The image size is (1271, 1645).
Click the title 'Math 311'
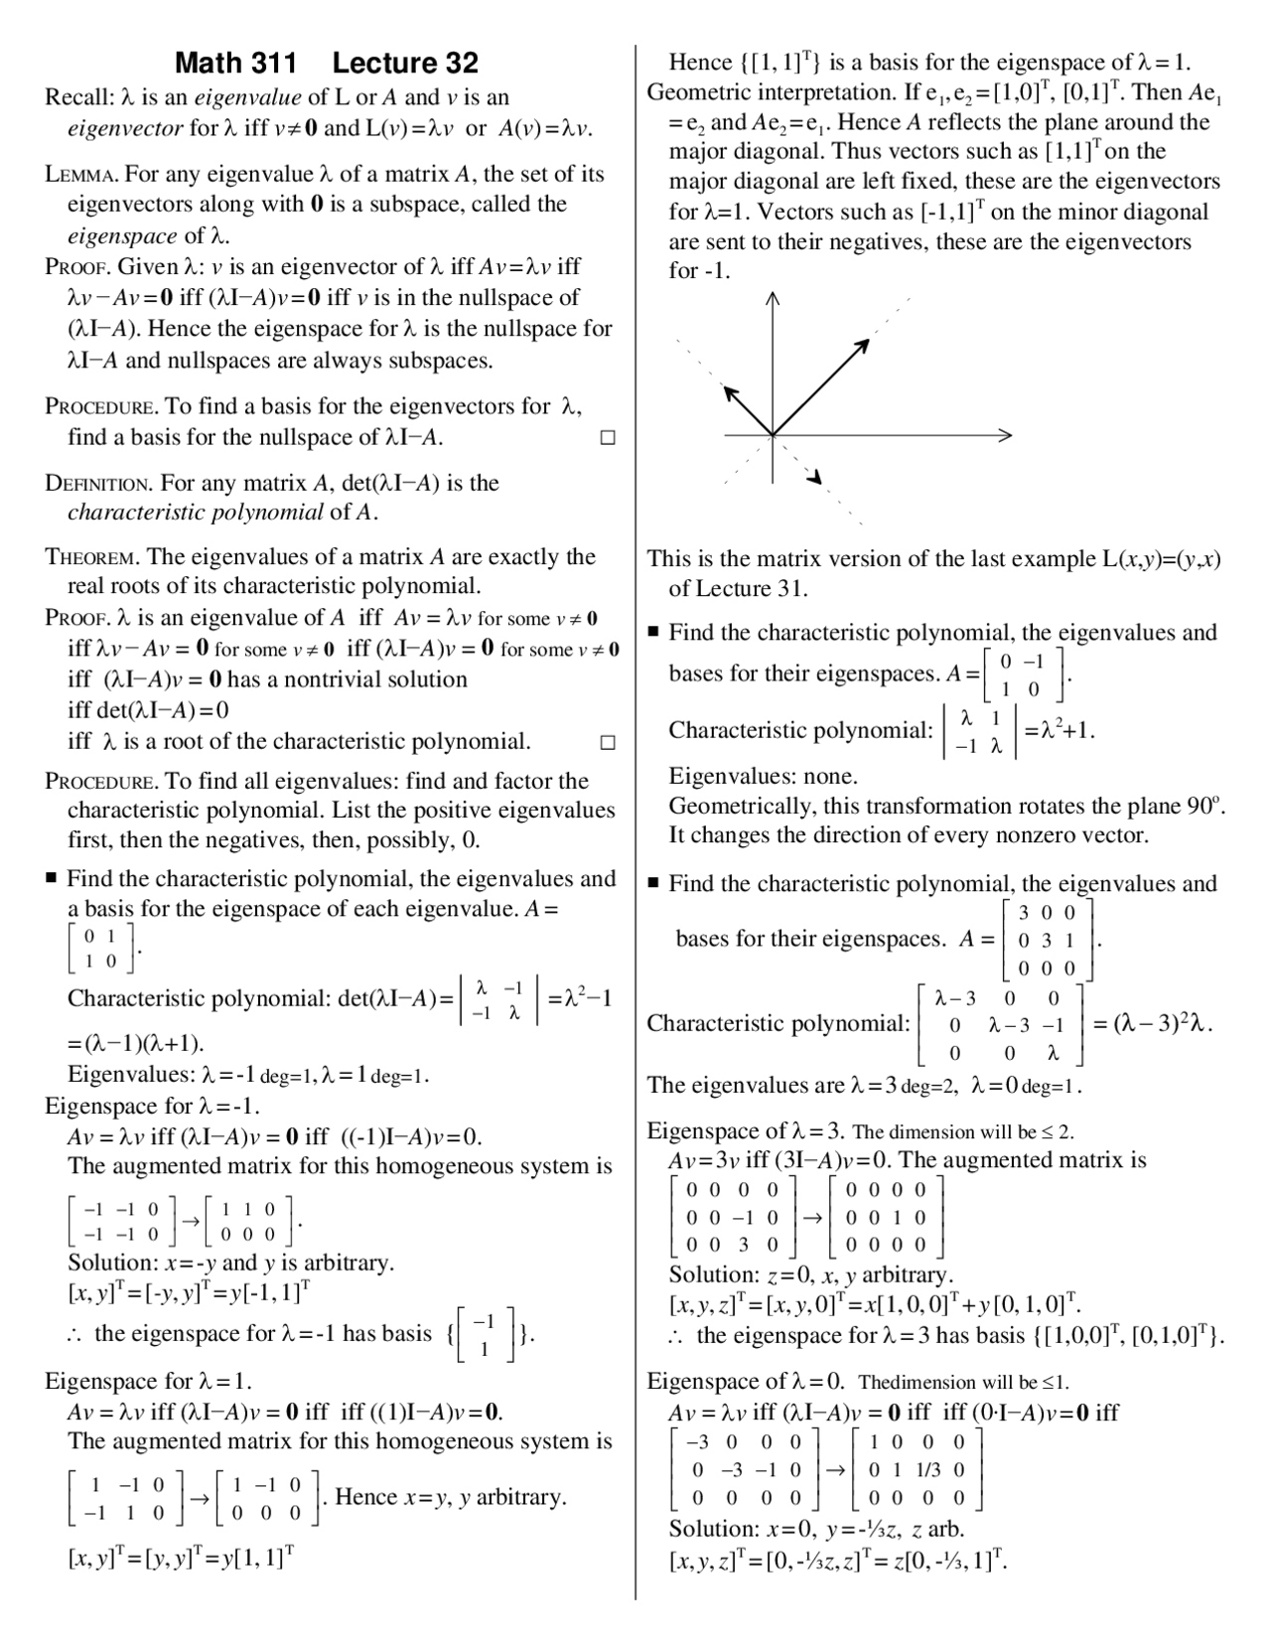(235, 64)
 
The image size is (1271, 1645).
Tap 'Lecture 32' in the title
(405, 64)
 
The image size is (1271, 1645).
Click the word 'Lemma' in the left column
(82, 175)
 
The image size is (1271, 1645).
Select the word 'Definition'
(98, 484)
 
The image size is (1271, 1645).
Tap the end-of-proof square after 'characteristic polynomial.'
(608, 742)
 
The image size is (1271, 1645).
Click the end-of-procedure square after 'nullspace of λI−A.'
(608, 437)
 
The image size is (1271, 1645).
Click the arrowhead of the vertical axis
(773, 298)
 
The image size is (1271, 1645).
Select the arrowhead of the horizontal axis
(1005, 435)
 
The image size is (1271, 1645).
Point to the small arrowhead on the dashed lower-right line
(817, 480)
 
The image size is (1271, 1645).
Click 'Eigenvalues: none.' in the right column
(763, 776)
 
